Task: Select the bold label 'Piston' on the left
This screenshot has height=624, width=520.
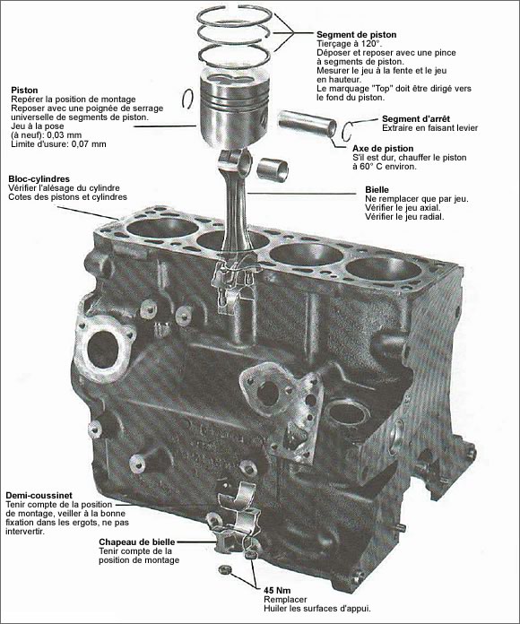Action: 24,91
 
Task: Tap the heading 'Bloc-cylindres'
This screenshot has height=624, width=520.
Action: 39,179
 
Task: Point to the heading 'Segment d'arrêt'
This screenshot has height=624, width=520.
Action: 415,119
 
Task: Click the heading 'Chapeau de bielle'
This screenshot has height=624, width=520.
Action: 138,542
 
